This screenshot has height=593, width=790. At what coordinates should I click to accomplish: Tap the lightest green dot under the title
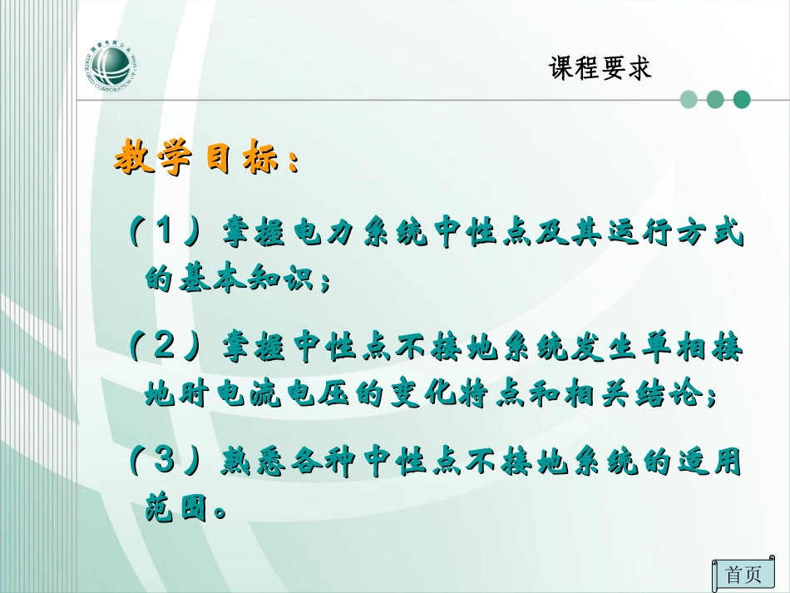click(689, 100)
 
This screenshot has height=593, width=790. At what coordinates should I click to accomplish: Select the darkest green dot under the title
click(742, 100)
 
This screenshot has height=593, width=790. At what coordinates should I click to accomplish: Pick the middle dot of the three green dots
click(715, 100)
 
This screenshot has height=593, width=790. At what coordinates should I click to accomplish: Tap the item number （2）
click(164, 345)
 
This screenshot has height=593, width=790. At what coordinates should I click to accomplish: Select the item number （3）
click(164, 458)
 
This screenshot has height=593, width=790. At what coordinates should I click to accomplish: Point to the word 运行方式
click(672, 235)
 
